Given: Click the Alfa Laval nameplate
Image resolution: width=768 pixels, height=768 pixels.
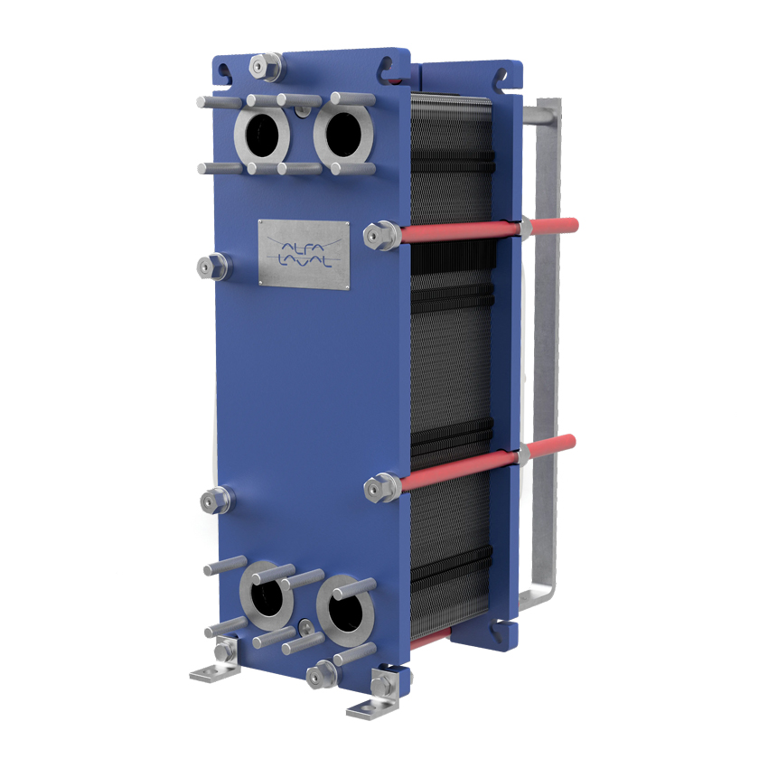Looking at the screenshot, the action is (304, 254).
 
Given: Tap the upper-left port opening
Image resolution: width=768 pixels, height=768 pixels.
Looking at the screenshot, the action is (262, 136).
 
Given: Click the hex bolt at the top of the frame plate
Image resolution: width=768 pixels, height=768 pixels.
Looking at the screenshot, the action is (266, 66).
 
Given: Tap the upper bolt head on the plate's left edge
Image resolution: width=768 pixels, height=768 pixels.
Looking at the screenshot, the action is (213, 267).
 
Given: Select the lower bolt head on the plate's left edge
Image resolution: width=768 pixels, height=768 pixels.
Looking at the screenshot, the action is (216, 501).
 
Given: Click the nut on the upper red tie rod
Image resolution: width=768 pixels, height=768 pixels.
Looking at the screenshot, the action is (382, 236).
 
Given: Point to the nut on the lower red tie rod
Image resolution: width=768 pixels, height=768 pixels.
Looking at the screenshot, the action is (382, 487).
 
